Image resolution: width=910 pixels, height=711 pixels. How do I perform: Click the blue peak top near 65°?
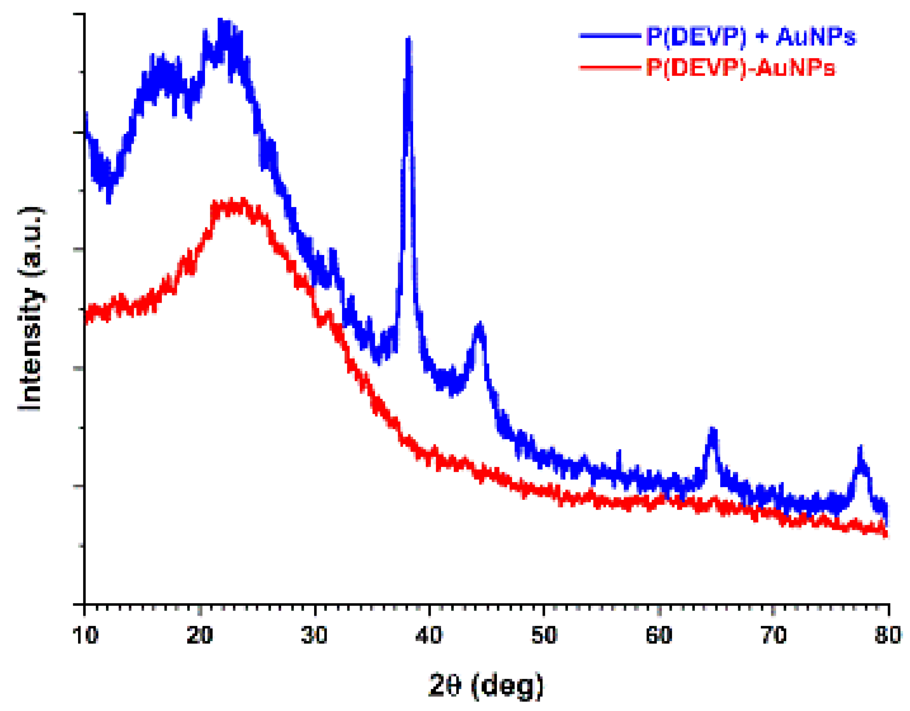click(713, 429)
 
